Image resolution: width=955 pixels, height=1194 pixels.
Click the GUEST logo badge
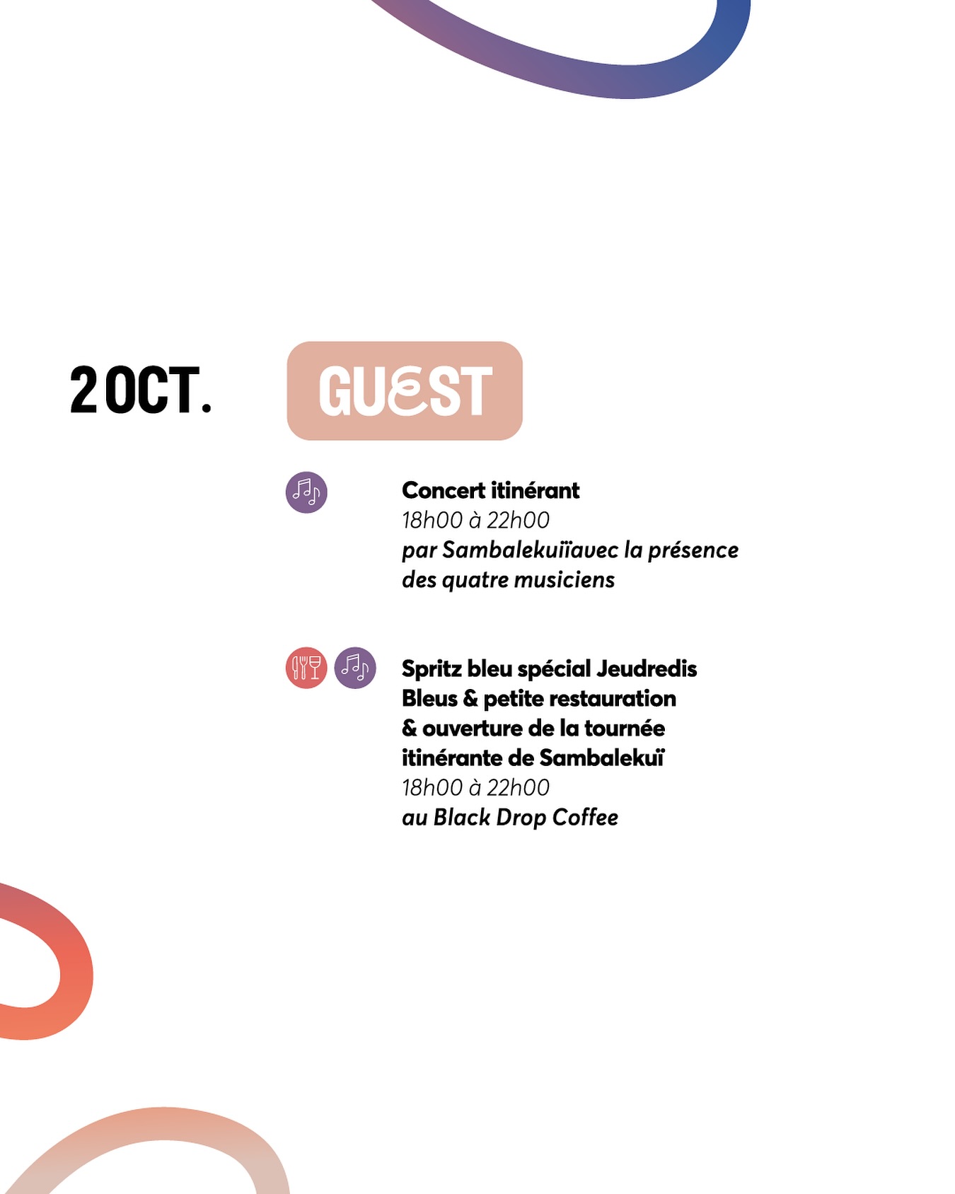click(x=405, y=390)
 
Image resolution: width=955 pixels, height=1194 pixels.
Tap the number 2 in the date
click(x=83, y=390)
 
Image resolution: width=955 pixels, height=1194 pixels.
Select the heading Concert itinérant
click(x=490, y=490)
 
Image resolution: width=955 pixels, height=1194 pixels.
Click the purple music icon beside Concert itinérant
click(x=306, y=492)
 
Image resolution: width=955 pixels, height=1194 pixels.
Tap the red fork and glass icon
click(x=306, y=668)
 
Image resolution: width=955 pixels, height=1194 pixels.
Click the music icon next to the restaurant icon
click(x=355, y=668)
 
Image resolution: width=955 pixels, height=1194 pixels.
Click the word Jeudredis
click(x=647, y=668)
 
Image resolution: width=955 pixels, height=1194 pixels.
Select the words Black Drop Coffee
click(x=526, y=818)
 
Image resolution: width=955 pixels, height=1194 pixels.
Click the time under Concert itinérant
click(x=475, y=521)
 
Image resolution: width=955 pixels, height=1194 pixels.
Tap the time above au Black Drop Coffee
click(x=475, y=788)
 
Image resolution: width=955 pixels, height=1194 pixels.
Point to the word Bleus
click(x=429, y=699)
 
